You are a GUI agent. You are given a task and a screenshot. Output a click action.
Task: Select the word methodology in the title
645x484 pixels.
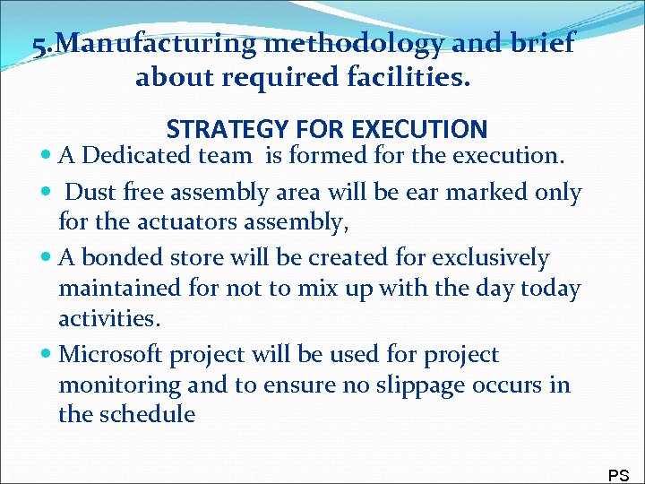click(x=341, y=44)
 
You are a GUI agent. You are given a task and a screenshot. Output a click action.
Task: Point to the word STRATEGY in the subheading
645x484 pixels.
click(x=228, y=129)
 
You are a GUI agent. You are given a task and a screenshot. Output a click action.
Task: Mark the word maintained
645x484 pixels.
click(x=118, y=289)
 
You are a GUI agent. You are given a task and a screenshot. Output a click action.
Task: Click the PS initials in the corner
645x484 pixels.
click(x=618, y=475)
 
